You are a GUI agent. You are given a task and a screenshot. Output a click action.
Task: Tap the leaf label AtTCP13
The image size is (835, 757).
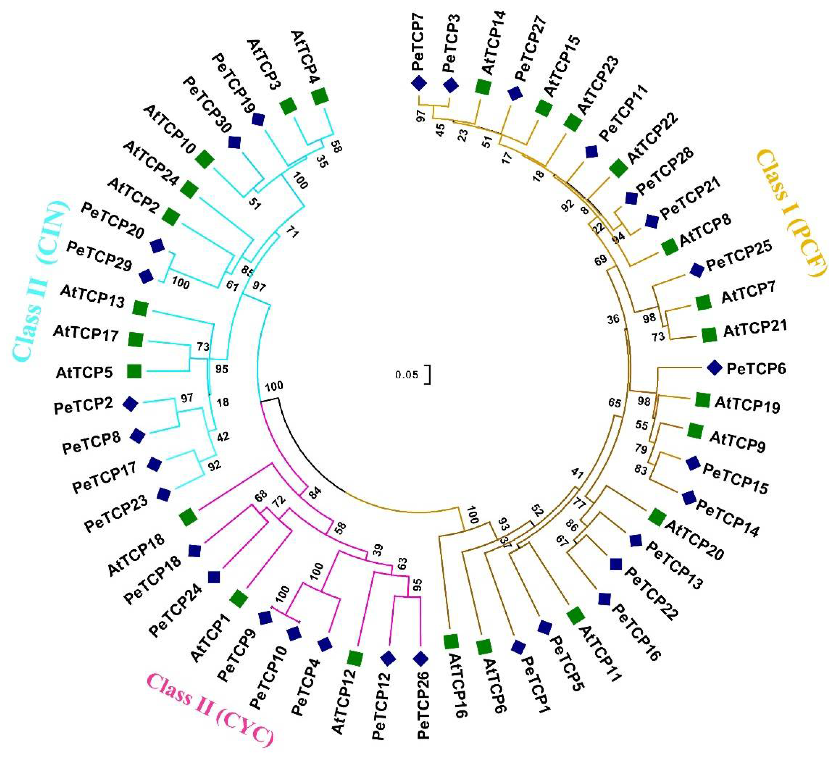92,297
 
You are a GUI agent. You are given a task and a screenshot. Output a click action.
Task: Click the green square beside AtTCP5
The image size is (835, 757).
134,371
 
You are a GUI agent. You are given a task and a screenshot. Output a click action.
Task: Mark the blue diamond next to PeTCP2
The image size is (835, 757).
131,404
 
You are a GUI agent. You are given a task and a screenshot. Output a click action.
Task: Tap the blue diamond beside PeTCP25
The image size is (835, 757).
697,270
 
